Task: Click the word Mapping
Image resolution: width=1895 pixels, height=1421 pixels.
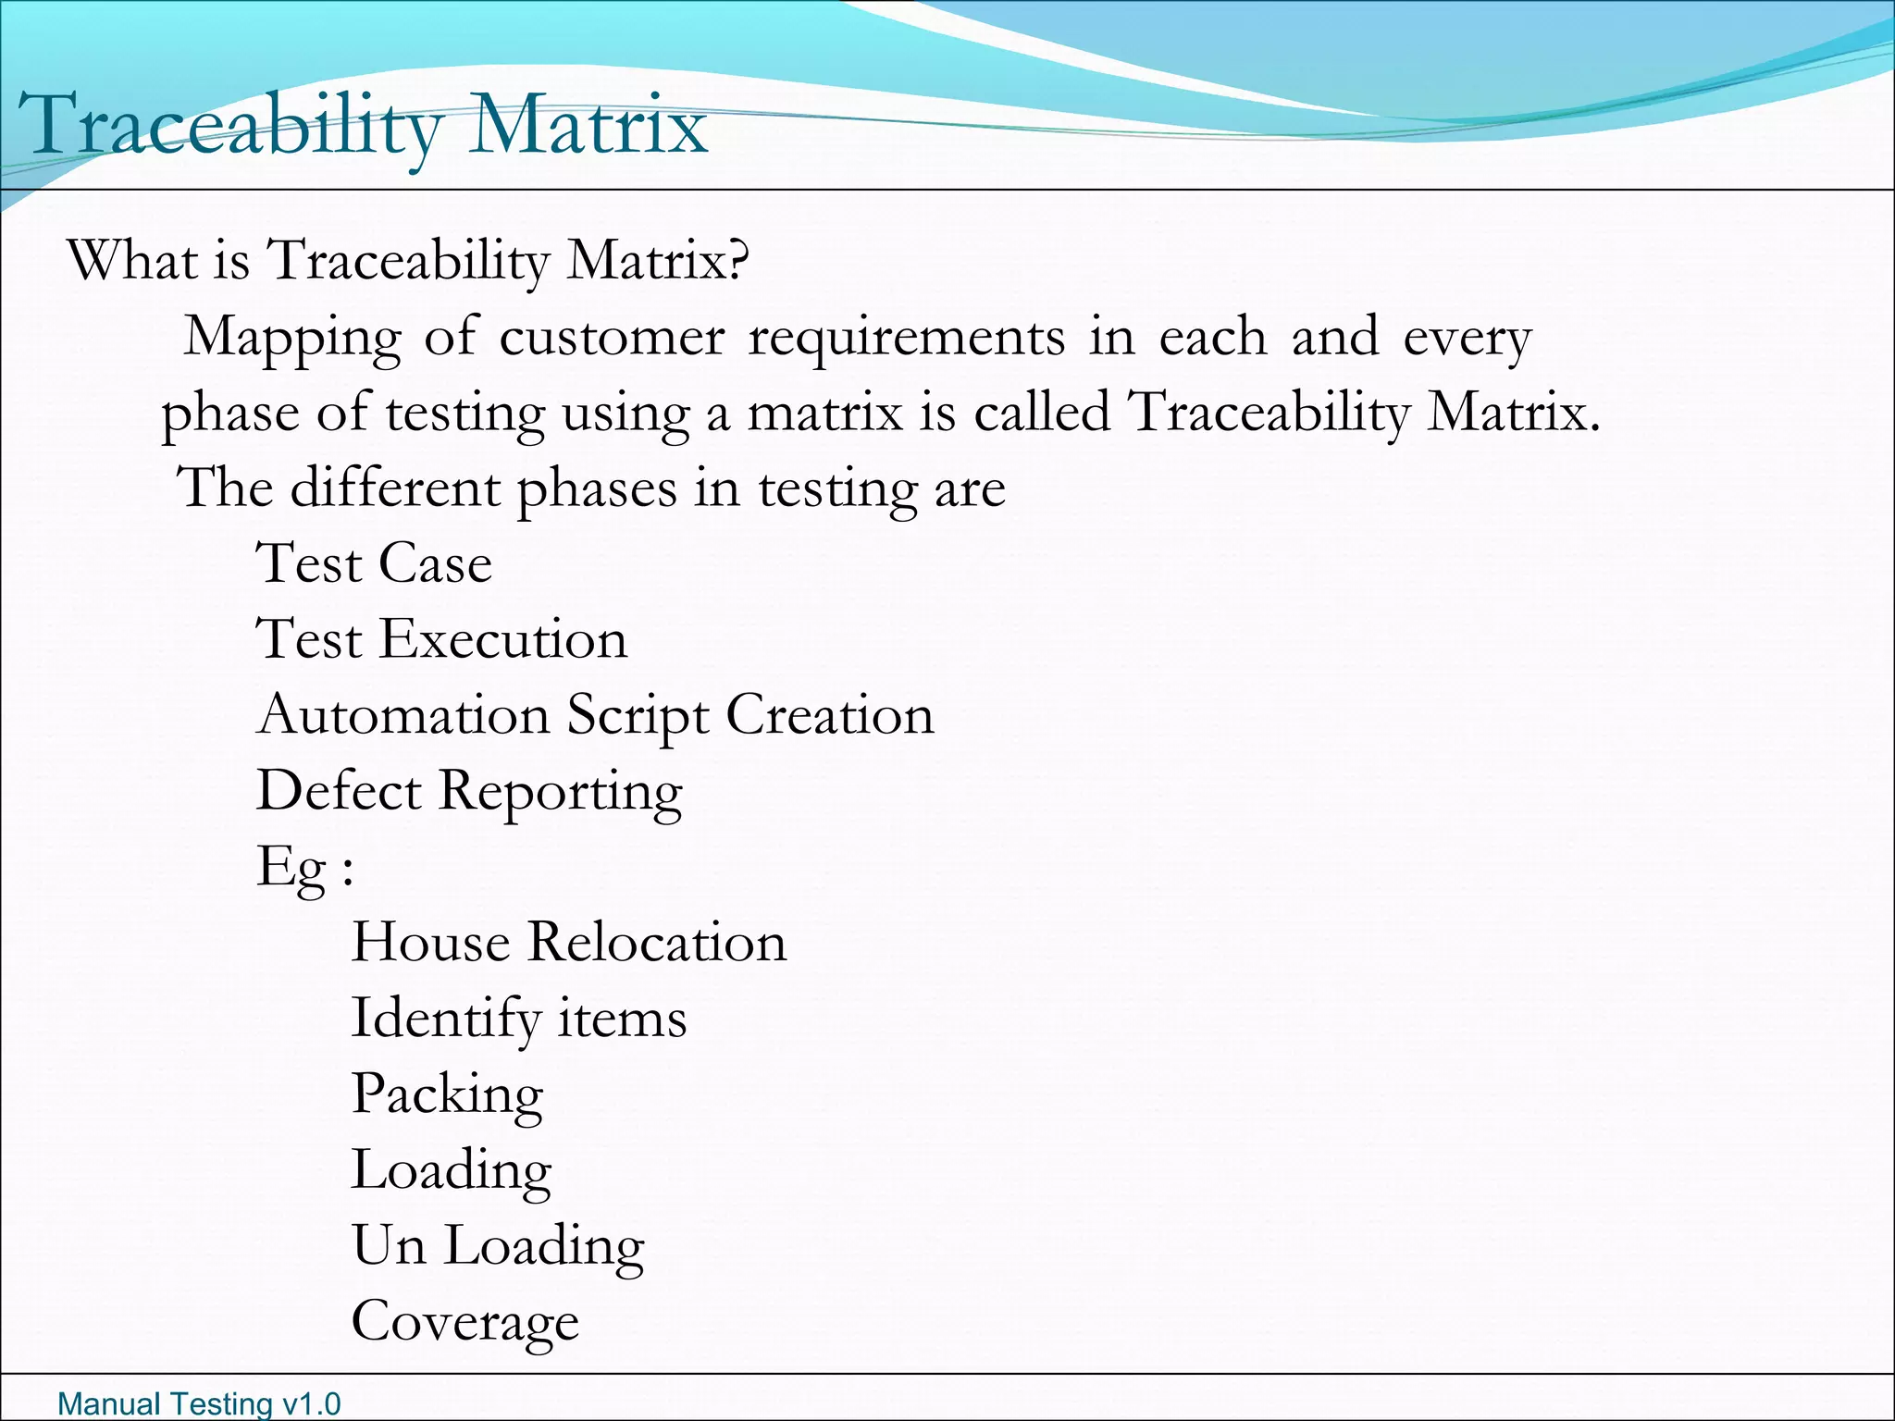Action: pos(292,339)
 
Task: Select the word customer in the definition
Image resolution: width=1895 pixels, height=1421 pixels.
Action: pos(612,338)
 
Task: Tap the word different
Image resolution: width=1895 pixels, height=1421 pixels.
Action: pos(395,488)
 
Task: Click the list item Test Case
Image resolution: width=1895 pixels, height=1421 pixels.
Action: pos(374,563)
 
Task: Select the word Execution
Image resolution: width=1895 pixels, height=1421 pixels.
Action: pos(504,639)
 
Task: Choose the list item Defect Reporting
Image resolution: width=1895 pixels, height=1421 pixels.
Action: pos(469,792)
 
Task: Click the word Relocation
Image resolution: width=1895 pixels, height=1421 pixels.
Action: pos(656,943)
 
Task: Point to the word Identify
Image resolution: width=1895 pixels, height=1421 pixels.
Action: pos(445,1019)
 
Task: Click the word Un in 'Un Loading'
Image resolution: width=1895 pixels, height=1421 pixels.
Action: pos(389,1246)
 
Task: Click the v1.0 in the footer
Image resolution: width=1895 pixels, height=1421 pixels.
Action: pos(311,1403)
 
